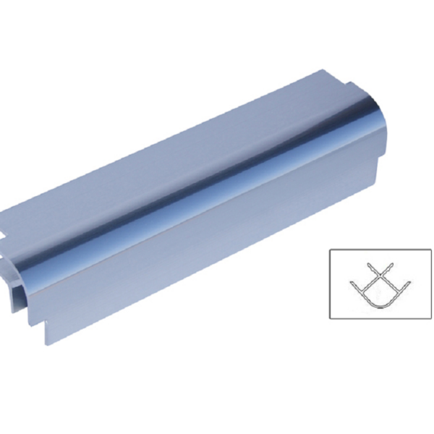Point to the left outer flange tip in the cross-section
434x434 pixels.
pos(352,283)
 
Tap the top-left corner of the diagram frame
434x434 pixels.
pos(330,250)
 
